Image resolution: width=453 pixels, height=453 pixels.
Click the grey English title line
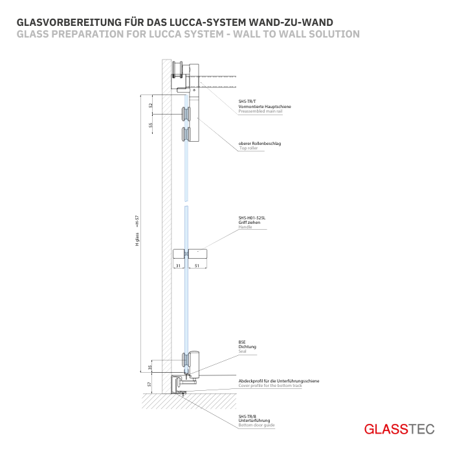pyautogui.click(x=188, y=34)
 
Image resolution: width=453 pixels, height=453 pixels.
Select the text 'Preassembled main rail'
pyautogui.click(x=261, y=111)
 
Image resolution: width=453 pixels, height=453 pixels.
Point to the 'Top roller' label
pyautogui.click(x=249, y=148)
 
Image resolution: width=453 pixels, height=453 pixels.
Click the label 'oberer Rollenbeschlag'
pyautogui.click(x=260, y=143)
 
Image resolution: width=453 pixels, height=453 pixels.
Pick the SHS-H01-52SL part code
pyautogui.click(x=252, y=218)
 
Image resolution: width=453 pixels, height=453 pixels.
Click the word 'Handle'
pyautogui.click(x=245, y=227)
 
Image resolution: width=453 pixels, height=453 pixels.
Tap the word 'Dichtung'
pyautogui.click(x=247, y=347)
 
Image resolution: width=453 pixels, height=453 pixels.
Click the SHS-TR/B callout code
pyautogui.click(x=247, y=416)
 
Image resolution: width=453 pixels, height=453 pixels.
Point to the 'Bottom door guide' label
pyautogui.click(x=256, y=425)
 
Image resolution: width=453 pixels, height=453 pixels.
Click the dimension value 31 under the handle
pyautogui.click(x=177, y=265)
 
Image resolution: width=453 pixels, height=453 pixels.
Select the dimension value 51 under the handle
pyautogui.click(x=196, y=265)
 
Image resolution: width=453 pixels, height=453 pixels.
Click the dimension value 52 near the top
pyautogui.click(x=150, y=105)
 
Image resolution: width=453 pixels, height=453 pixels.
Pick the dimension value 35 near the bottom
pyautogui.click(x=150, y=367)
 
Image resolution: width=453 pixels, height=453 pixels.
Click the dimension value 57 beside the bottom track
pyautogui.click(x=150, y=384)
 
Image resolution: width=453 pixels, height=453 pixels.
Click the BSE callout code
pyautogui.click(x=242, y=342)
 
